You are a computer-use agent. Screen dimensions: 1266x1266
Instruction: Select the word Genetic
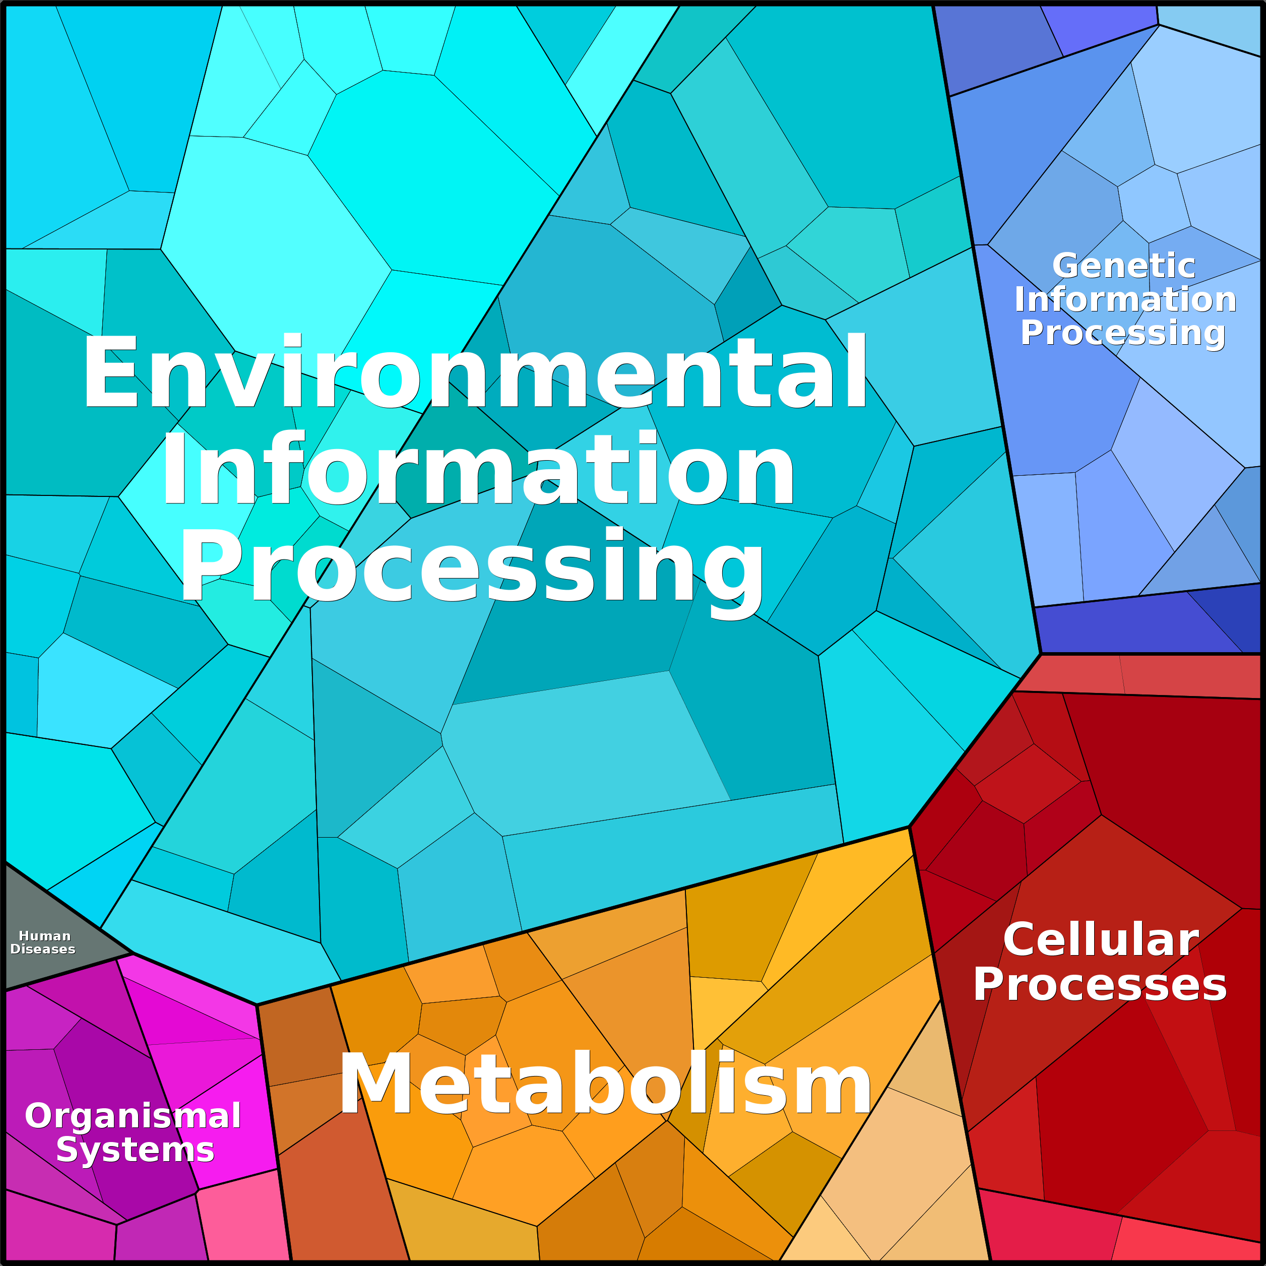pos(1123,266)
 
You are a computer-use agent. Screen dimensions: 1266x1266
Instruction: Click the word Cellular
pos(1101,939)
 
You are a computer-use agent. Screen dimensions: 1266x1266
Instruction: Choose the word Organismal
pos(133,1116)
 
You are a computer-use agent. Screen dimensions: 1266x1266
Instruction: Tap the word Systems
pos(135,1150)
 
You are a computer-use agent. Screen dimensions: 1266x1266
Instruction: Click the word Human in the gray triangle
pos(44,936)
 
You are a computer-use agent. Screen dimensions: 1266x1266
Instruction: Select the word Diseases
pos(43,949)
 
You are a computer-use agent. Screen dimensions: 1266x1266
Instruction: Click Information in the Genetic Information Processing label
pos(1125,299)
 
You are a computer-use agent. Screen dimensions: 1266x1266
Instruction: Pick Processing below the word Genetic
pos(1122,334)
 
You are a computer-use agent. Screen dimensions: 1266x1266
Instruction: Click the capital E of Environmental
pos(109,371)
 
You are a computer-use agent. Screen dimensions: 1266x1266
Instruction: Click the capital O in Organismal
pos(41,1115)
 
